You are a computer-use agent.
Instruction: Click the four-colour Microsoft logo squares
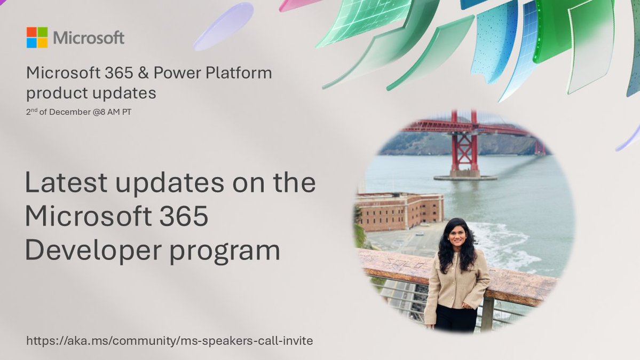(x=37, y=37)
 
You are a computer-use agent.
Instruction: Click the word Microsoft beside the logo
(x=89, y=38)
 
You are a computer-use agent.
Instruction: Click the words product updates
(x=91, y=93)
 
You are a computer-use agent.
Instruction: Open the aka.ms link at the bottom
(x=169, y=340)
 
